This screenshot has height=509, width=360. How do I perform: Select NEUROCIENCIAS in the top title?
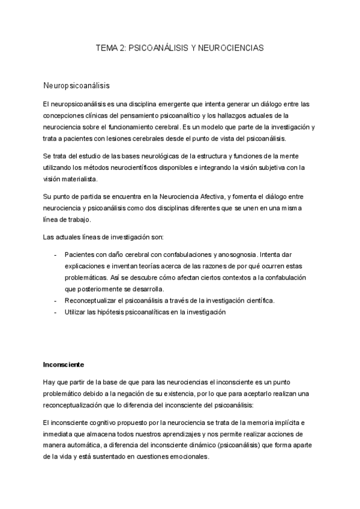tap(232, 47)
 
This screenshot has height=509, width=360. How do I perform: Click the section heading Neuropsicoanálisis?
tap(76, 86)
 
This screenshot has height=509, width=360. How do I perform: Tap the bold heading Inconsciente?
tap(64, 364)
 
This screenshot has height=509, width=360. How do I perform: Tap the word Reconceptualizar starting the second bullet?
tap(94, 301)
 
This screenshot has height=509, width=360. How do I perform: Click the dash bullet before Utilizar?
tap(56, 313)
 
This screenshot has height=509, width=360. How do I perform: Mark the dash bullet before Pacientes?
tap(56, 254)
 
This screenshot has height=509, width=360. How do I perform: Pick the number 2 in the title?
tap(122, 47)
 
